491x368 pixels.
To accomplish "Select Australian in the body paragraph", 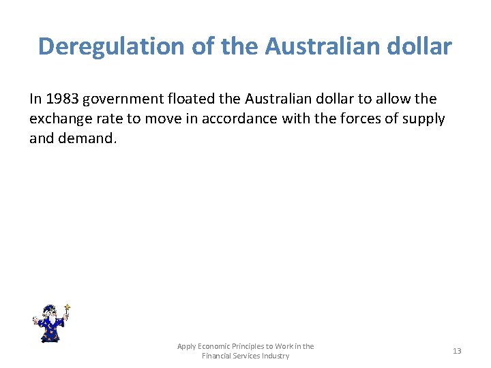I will (x=287, y=99).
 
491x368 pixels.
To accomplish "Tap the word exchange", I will (x=63, y=119).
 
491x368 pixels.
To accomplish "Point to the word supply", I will (x=422, y=119).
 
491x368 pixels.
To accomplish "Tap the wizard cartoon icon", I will (x=50, y=324).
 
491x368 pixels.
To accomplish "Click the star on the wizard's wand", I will (x=67, y=308).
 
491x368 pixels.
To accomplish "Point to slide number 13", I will (x=457, y=351).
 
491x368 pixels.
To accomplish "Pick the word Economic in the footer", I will (x=214, y=346).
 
